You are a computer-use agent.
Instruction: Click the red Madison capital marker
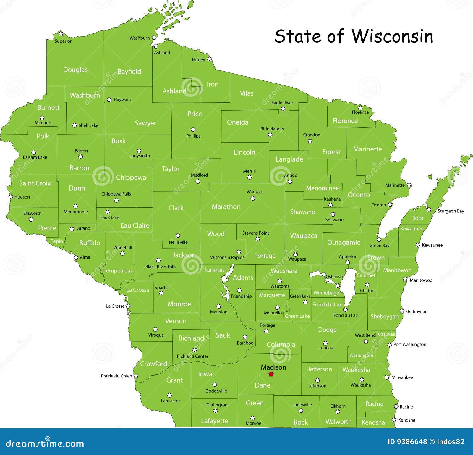tap(271, 374)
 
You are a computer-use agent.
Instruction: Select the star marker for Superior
tap(61, 33)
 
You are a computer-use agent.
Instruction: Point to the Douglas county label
tap(75, 70)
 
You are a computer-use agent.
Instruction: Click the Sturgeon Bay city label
tap(451, 211)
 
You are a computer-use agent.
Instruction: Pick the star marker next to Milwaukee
tap(387, 377)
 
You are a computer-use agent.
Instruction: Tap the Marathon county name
tap(226, 207)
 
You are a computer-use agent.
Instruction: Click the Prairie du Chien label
tap(116, 376)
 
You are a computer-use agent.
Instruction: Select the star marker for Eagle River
tap(283, 109)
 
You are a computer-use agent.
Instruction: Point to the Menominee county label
tap(322, 188)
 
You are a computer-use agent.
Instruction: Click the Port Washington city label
tap(410, 345)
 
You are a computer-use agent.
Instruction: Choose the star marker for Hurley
tap(209, 59)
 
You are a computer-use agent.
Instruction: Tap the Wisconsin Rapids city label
tap(227, 257)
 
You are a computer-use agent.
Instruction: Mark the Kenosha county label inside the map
tap(373, 422)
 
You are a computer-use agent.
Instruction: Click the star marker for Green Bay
tap(379, 239)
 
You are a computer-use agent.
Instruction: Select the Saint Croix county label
tap(35, 183)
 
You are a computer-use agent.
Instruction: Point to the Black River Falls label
tap(161, 267)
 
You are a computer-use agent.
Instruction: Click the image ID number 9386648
tap(407, 442)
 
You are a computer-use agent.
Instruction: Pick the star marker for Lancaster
tap(169, 395)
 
